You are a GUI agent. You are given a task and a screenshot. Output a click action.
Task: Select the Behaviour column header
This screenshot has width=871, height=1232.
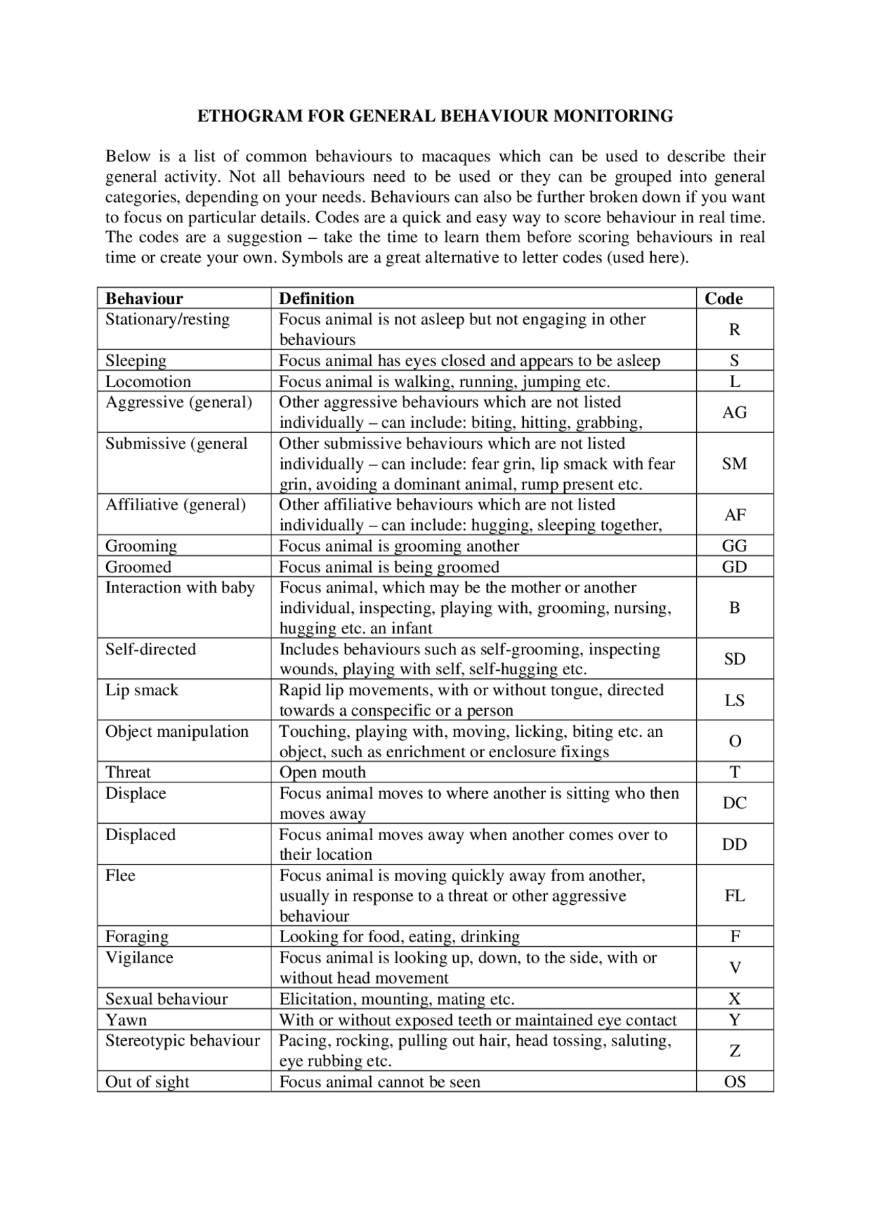pos(144,299)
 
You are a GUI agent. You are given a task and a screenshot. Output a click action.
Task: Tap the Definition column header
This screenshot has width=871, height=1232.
pos(316,299)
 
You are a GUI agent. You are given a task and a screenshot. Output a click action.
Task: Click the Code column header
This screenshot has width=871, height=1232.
pos(723,299)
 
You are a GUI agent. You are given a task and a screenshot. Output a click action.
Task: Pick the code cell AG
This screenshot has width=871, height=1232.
pos(734,412)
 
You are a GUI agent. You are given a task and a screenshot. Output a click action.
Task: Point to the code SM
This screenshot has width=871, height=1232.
pos(734,464)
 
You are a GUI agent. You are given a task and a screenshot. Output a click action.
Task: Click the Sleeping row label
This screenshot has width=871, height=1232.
pos(135,361)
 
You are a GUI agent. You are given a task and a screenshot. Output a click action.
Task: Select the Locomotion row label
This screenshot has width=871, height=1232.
pos(148,382)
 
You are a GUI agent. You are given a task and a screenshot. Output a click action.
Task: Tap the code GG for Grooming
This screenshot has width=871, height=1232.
pos(734,546)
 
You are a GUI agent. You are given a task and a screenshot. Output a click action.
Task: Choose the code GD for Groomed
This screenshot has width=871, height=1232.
pos(734,567)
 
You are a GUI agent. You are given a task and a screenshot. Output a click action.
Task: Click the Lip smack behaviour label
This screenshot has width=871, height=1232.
pos(142,690)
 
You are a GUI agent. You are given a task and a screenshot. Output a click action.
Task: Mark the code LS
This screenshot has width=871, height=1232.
pos(734,700)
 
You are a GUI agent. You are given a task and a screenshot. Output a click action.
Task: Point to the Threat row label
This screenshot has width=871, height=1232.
pos(128,773)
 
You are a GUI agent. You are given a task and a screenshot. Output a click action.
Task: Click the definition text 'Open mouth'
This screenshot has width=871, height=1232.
pos(323,773)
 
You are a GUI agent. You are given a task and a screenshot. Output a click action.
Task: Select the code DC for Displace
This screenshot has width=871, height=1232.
pos(734,803)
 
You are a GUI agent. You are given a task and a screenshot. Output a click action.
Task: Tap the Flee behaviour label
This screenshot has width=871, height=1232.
pos(120,876)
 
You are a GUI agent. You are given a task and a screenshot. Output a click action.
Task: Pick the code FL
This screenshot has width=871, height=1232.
pos(734,896)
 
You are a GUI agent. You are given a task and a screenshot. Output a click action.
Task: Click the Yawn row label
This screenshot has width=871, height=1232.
pos(126,1020)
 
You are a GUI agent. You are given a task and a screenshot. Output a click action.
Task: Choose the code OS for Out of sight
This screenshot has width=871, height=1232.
pos(734,1082)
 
